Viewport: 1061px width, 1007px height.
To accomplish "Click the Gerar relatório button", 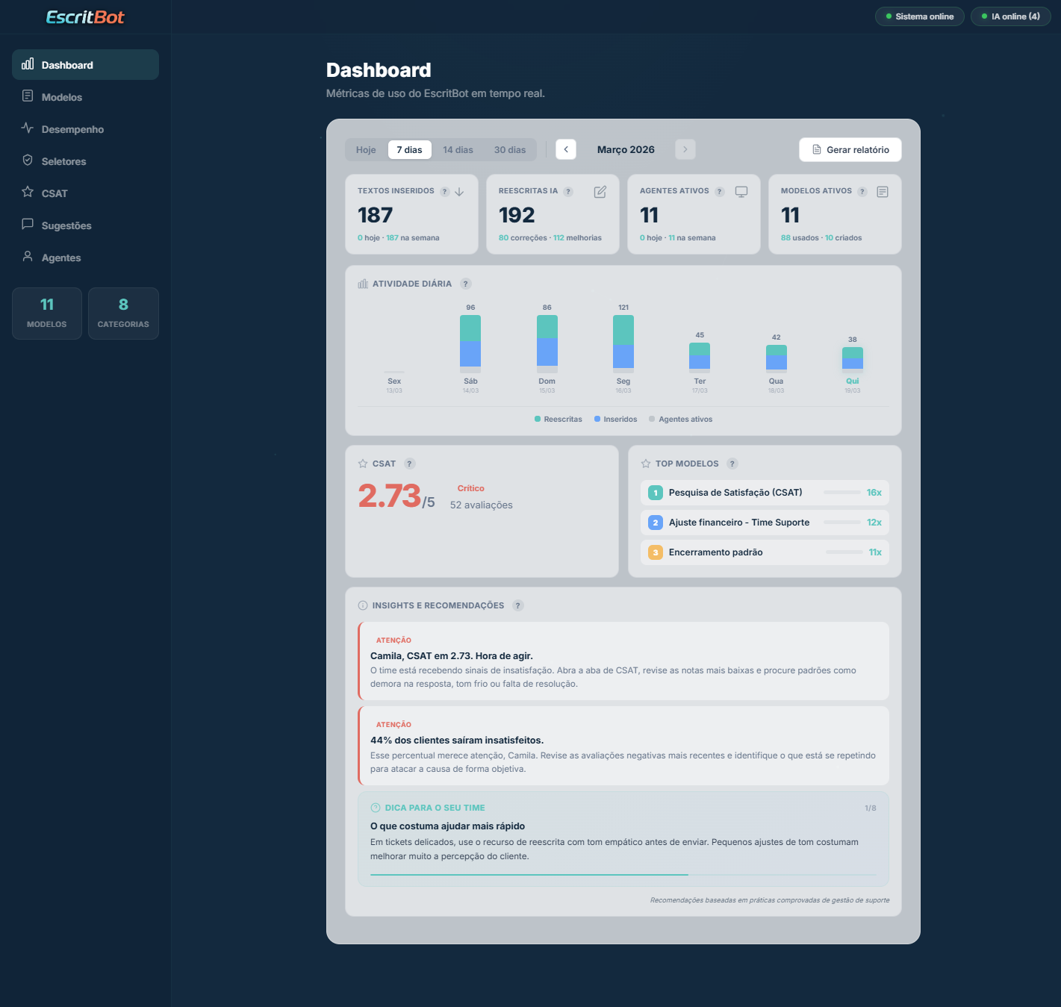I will point(850,150).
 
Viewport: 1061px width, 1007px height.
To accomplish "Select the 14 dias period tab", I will point(458,150).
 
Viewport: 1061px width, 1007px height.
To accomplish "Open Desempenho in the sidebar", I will point(72,129).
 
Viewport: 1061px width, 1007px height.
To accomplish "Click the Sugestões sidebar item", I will point(66,225).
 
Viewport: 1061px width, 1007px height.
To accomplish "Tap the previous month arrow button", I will point(566,149).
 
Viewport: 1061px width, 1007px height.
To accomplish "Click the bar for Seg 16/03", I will point(623,343).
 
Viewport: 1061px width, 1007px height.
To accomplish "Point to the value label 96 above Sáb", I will point(470,308).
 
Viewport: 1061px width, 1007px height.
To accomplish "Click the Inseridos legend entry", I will point(616,420).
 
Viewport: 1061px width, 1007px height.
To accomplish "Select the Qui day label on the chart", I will point(852,381).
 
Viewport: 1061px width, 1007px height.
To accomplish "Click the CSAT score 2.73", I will point(390,496).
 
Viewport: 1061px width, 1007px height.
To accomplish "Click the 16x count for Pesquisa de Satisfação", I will point(874,493).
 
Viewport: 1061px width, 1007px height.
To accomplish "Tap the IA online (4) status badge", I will point(1010,16).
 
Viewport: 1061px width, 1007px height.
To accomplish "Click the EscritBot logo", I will point(85,17).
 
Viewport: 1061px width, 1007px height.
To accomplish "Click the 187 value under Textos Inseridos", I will point(375,216).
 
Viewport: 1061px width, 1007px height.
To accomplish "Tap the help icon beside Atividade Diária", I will point(466,284).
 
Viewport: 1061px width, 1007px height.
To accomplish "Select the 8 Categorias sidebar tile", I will point(123,314).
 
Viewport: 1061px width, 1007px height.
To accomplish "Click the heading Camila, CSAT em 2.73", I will point(451,656).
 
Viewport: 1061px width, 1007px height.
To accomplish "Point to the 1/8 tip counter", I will point(870,808).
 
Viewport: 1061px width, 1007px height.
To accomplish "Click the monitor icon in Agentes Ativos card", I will point(741,192).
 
